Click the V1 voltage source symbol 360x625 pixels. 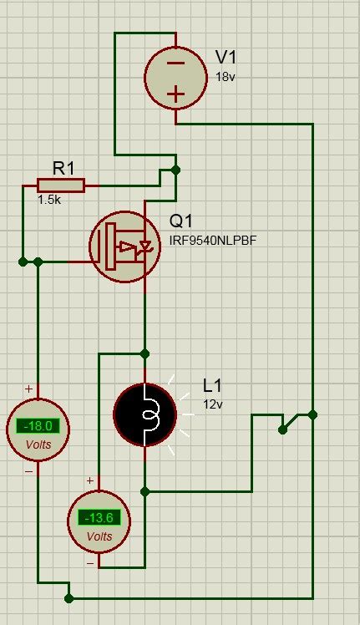(x=175, y=77)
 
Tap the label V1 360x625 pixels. (x=226, y=57)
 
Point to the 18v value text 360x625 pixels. (x=226, y=76)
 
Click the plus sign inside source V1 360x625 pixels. (x=175, y=94)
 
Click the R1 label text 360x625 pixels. (x=63, y=168)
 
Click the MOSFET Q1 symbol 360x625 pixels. (x=123, y=245)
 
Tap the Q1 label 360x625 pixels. (x=181, y=222)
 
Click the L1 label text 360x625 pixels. (x=214, y=386)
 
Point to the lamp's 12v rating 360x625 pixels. (x=213, y=404)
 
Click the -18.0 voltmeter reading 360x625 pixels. (x=38, y=426)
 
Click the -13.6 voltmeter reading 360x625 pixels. (x=99, y=517)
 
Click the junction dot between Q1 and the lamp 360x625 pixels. (x=145, y=352)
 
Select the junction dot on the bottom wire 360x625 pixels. (x=69, y=598)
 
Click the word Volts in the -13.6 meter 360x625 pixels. (x=99, y=536)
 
